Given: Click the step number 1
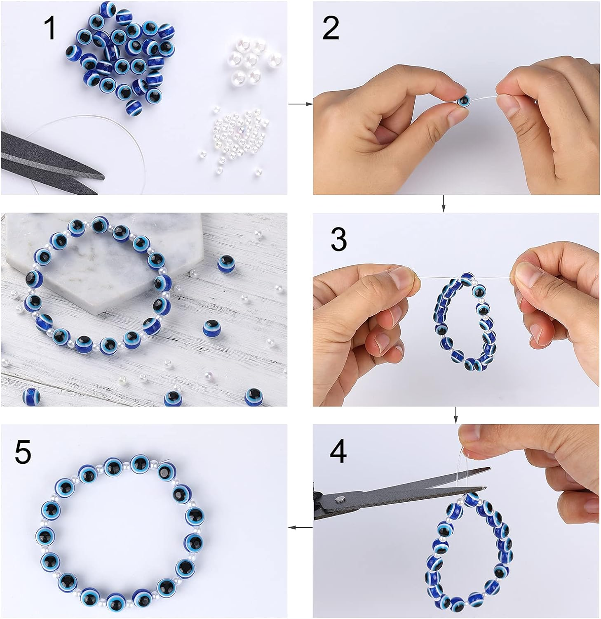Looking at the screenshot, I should tap(50, 28).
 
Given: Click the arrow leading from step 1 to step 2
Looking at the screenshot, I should tap(300, 104).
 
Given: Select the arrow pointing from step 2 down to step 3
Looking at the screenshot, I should tap(444, 203).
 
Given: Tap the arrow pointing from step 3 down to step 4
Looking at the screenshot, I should tap(455, 415).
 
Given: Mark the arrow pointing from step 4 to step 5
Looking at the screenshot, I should tap(300, 527).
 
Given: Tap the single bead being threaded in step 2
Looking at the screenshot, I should tap(463, 100).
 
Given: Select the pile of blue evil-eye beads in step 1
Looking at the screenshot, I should tap(120, 56).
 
